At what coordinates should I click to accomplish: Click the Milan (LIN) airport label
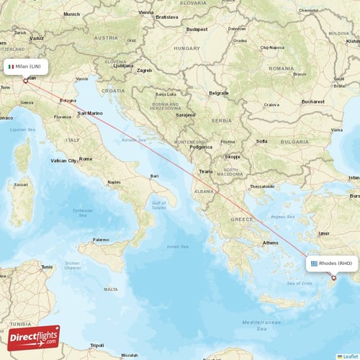(x=27, y=67)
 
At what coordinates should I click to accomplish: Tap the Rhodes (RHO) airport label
(x=332, y=264)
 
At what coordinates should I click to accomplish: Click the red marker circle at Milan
(x=26, y=81)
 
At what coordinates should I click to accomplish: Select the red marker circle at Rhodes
(x=333, y=278)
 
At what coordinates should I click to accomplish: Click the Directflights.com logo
(x=35, y=338)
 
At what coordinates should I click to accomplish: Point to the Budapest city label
(x=196, y=29)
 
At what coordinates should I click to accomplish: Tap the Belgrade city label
(x=219, y=93)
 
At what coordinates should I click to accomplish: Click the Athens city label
(x=271, y=243)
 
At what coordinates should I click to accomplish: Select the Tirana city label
(x=206, y=171)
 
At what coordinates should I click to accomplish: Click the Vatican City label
(x=63, y=161)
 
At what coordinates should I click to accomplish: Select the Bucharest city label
(x=314, y=102)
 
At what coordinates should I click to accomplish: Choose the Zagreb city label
(x=145, y=71)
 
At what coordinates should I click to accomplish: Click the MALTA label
(x=110, y=289)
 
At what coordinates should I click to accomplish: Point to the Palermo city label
(x=101, y=239)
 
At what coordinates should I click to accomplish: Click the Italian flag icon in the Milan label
(x=11, y=67)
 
